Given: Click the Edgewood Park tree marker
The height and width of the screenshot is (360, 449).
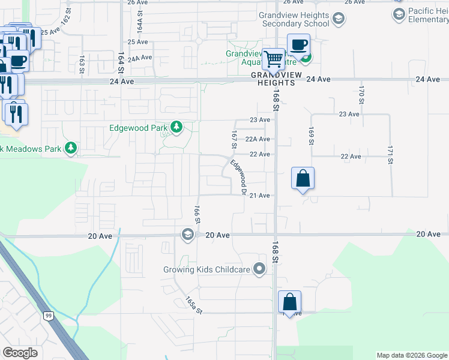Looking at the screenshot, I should (176, 127).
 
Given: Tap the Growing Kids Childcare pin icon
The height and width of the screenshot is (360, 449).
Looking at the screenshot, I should (259, 269).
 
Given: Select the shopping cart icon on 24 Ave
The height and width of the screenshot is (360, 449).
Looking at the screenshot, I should (274, 59).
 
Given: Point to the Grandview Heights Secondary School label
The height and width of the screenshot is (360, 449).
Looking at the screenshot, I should (294, 19).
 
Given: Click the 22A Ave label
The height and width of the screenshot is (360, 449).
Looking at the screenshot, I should (260, 139).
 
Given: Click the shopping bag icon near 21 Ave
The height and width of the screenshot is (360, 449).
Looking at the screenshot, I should (303, 178).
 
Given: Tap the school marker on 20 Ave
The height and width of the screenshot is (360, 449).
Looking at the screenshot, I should (187, 234).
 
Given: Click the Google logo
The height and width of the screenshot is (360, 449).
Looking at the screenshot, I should (20, 353).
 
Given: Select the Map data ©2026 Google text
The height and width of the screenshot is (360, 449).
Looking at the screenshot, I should (412, 355).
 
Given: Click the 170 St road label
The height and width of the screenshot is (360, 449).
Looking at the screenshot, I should (361, 93).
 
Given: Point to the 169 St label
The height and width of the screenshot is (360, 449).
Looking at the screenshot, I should (311, 135).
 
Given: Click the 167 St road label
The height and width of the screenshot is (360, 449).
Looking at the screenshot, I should (234, 137).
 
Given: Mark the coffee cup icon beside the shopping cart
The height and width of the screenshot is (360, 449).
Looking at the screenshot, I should (298, 44).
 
